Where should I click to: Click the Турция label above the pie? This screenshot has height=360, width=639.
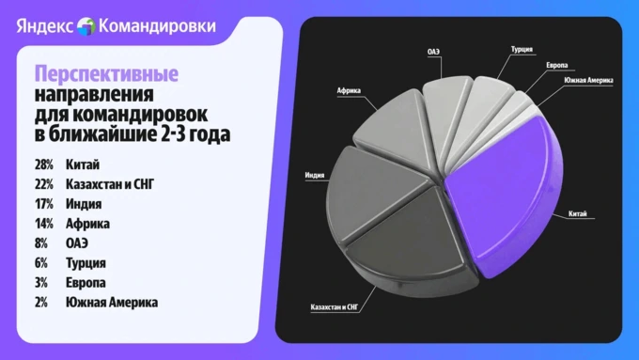tap(522, 49)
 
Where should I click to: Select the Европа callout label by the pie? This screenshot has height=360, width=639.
tap(556, 65)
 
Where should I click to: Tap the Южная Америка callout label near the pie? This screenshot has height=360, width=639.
tap(588, 80)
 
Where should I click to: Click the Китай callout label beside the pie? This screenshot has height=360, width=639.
tap(578, 213)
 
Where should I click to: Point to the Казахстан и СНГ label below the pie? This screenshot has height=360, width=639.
tap(334, 307)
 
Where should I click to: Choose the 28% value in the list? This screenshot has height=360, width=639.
tap(43, 164)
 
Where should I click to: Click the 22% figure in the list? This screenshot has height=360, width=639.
tap(43, 184)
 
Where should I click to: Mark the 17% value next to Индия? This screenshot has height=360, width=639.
tap(43, 204)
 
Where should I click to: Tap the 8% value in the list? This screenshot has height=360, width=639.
tap(41, 243)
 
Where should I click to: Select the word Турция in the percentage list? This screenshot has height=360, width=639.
tap(86, 263)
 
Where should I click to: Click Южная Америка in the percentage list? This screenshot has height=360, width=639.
tap(112, 303)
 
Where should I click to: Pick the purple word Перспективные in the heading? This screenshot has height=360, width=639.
tap(106, 74)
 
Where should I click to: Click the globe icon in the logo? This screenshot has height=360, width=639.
tap(86, 26)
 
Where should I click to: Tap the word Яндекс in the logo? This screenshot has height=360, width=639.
tap(45, 26)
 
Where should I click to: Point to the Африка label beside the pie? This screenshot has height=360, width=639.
tap(349, 90)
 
